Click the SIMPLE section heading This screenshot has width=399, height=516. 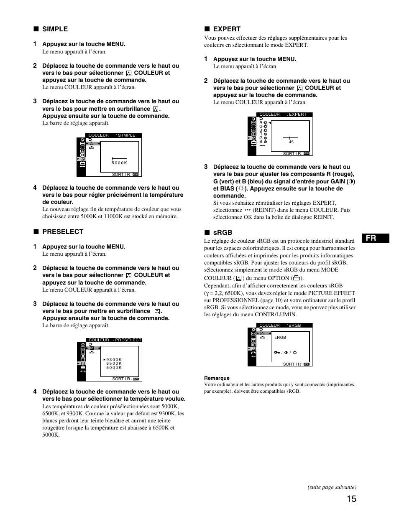point(55,29)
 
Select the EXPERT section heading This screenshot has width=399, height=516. point(227,29)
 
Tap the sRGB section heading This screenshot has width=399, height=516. point(223,233)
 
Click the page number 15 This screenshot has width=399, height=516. point(351,499)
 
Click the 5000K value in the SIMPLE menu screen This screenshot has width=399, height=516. point(119,163)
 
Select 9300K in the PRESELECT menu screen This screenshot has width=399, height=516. point(114,360)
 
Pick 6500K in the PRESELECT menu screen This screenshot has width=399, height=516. point(114,363)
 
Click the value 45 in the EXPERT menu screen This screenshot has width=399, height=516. point(291,142)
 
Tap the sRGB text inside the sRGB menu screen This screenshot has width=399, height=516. point(280,338)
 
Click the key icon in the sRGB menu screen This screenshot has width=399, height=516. point(277,353)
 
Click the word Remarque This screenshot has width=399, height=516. point(217,378)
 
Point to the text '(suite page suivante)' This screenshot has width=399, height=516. point(332,487)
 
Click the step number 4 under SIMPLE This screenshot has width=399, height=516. point(35,188)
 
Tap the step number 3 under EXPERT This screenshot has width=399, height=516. point(206,167)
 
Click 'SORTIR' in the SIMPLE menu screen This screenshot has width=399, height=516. point(121,175)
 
